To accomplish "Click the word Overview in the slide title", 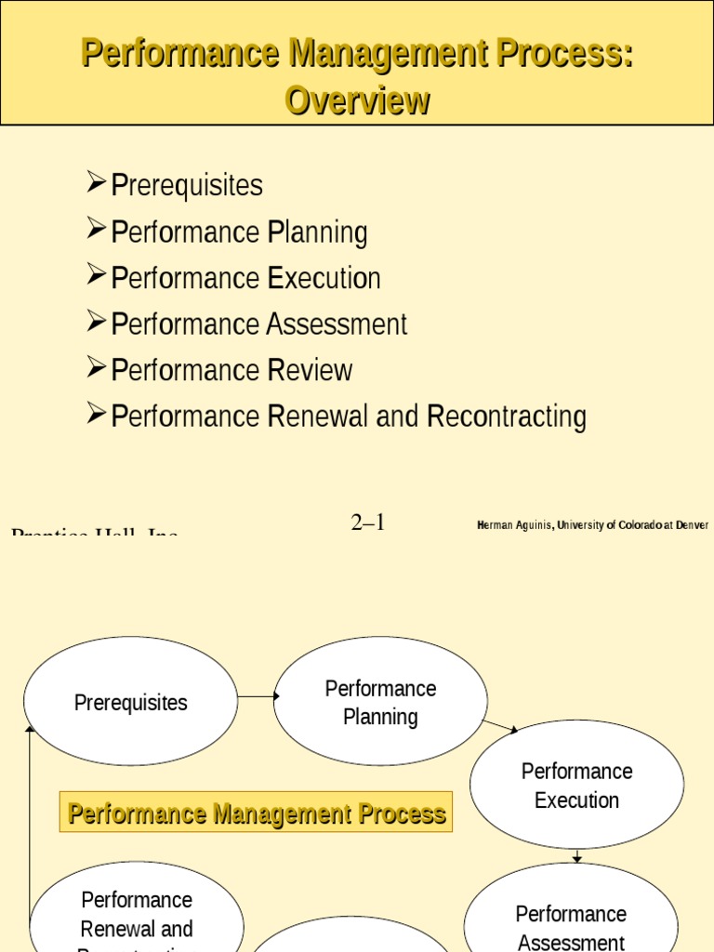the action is tap(357, 99).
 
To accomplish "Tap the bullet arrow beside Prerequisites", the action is tap(97, 182).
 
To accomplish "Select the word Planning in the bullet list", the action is tap(317, 232).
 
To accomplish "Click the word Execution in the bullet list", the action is tap(324, 278).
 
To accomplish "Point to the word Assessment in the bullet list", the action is tap(337, 324).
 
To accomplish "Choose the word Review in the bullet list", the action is tap(310, 370).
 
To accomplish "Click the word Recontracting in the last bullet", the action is tap(507, 416).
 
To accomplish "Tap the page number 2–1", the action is tap(368, 522).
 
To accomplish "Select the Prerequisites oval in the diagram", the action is tap(130, 703).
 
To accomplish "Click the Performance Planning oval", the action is tap(380, 703).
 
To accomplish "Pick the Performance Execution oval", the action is tap(576, 786).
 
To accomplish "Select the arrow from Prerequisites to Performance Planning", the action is tap(258, 696).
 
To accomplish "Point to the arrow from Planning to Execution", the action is tap(501, 727).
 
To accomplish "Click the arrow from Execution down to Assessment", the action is tap(577, 855).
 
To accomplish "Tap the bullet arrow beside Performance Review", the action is tap(97, 368).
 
